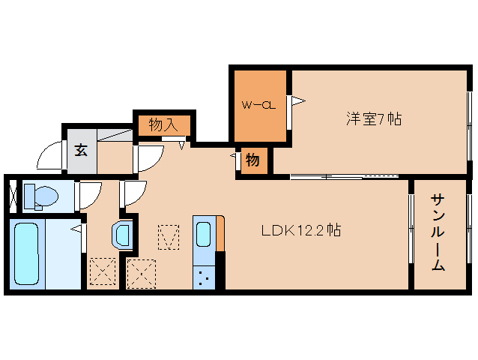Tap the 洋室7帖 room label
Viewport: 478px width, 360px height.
(373, 118)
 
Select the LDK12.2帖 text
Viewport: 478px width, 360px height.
(300, 230)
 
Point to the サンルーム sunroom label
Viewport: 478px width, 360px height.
(438, 232)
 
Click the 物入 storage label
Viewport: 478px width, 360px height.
(164, 124)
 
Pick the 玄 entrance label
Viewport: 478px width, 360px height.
(81, 148)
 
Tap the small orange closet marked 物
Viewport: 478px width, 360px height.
(253, 160)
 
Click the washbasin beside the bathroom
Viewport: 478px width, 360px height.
(122, 235)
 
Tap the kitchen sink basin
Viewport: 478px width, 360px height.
(203, 234)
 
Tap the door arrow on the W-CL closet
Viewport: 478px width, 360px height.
(297, 100)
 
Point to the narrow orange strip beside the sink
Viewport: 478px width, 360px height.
(220, 234)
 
